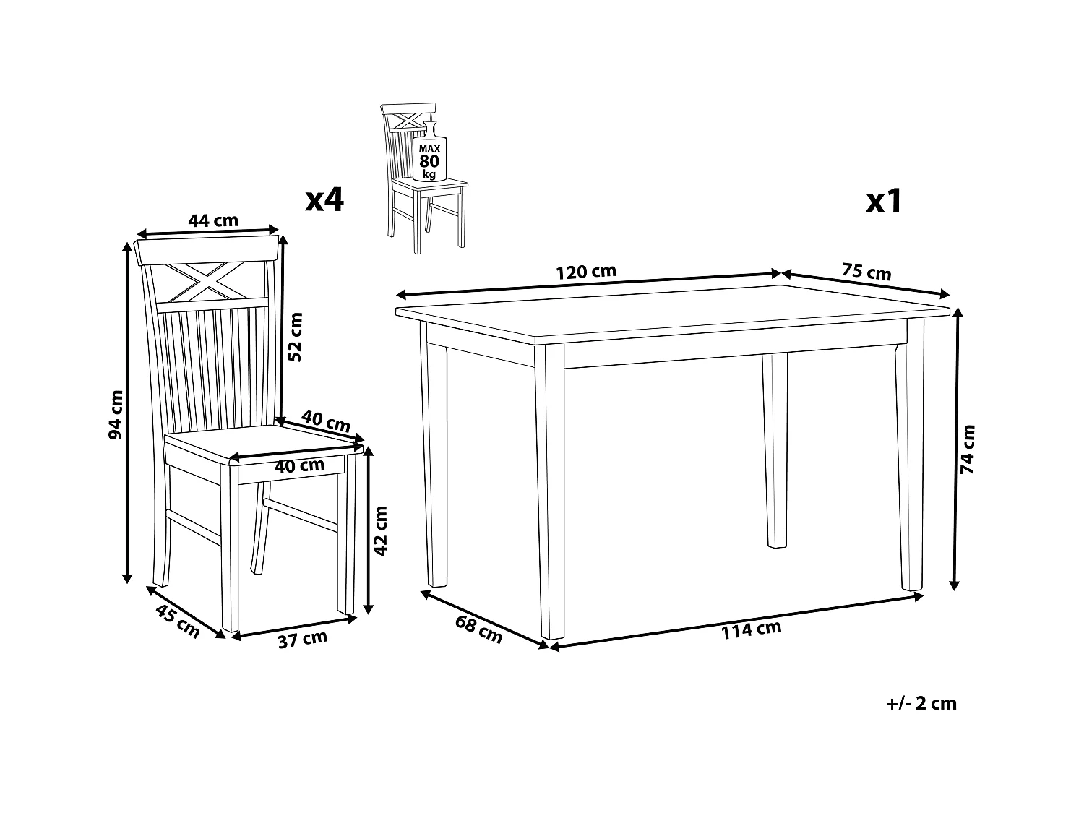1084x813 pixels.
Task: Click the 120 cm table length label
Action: click(x=585, y=272)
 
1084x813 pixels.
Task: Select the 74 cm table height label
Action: click(x=968, y=449)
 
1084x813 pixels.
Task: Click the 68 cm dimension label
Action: click(x=478, y=628)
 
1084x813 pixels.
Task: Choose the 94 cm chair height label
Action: click(x=116, y=414)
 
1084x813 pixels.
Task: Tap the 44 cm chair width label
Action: click(x=213, y=220)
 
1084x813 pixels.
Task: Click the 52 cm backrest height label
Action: click(x=295, y=336)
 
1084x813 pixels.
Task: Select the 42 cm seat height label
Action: click(x=381, y=530)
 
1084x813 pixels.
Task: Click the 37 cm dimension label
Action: click(x=302, y=640)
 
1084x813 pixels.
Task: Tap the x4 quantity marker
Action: click(x=324, y=199)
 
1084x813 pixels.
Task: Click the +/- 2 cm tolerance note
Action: click(x=920, y=703)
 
